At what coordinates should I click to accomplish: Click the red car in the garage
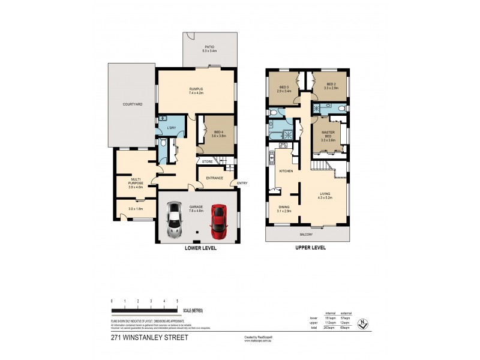[218, 221]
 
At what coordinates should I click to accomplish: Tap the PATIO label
[209, 47]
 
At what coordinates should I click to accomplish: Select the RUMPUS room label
[197, 89]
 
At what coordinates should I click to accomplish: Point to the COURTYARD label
[132, 104]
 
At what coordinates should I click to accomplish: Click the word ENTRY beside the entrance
[242, 184]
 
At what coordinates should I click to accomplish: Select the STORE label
[207, 161]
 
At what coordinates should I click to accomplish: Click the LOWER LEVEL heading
[201, 247]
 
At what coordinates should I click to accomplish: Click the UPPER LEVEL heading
[310, 247]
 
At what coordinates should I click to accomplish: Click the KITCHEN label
[285, 172]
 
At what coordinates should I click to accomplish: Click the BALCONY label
[306, 234]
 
